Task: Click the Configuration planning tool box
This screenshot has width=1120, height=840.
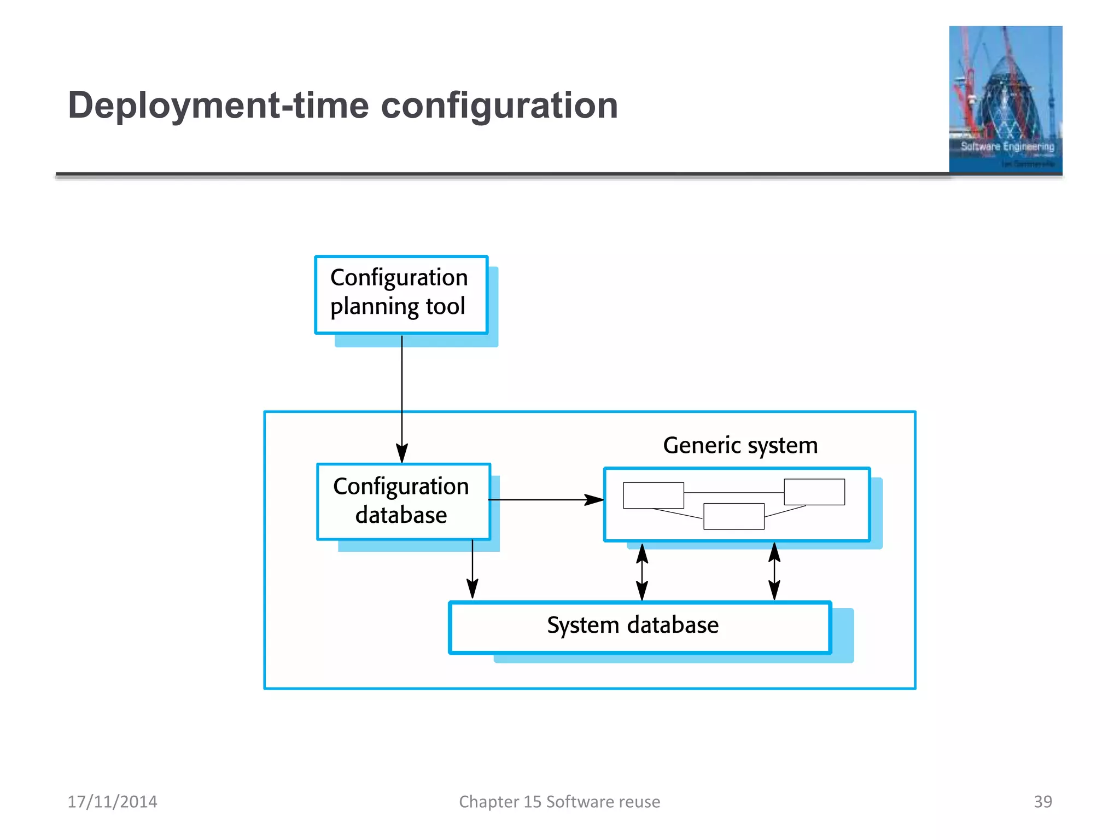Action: click(x=401, y=294)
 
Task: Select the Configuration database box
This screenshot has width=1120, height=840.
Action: click(x=403, y=501)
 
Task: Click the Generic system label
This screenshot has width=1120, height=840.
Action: click(x=740, y=445)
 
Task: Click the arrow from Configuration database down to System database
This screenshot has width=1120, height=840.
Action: click(x=472, y=569)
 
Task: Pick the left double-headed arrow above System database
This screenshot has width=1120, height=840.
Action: click(x=642, y=572)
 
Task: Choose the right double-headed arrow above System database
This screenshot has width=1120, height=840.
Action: click(x=774, y=571)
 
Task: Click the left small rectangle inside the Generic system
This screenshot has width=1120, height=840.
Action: click(x=653, y=495)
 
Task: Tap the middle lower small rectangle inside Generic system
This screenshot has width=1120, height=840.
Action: click(x=733, y=516)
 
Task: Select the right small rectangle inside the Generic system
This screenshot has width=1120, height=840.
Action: click(x=814, y=492)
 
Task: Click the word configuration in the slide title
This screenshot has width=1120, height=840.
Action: click(x=499, y=106)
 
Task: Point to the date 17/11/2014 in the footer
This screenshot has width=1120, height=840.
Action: click(x=112, y=802)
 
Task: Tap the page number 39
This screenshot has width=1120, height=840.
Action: click(x=1042, y=801)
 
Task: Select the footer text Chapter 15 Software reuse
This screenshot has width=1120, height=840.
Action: click(x=559, y=802)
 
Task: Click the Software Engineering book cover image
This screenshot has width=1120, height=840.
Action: click(x=1005, y=100)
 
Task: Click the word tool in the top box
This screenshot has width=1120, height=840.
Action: click(x=445, y=306)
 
